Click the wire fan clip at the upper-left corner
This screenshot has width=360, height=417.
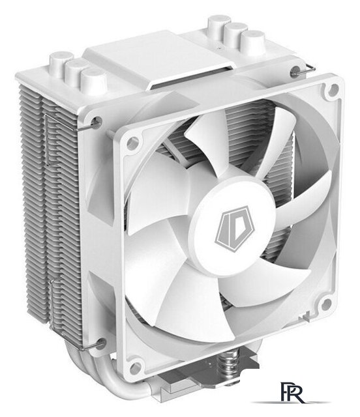point(98,119)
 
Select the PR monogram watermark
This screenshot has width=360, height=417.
point(289,391)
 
